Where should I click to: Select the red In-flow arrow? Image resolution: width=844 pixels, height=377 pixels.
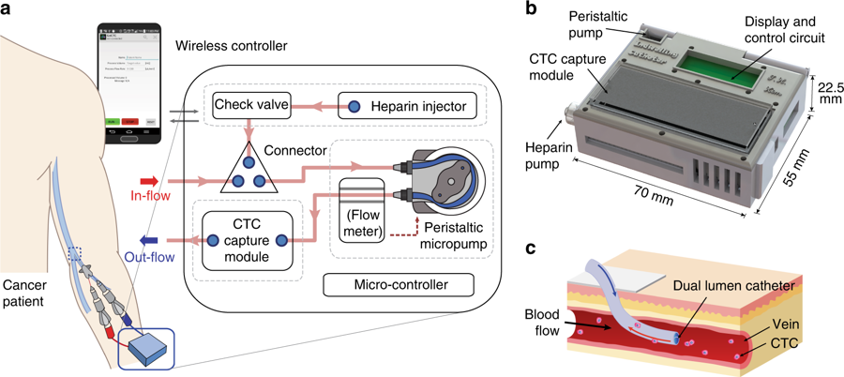coord(149,179)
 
